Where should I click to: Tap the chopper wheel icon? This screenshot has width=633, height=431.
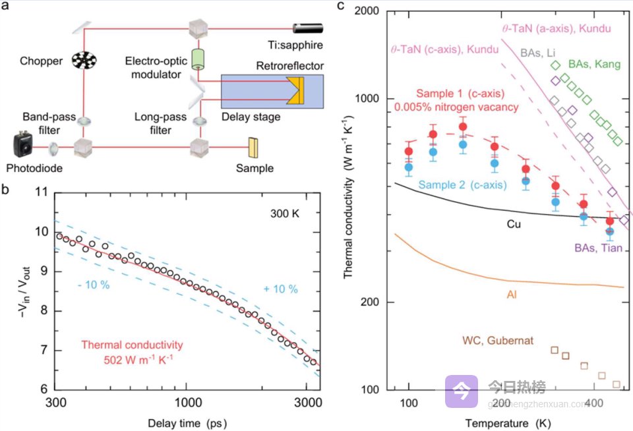(x=84, y=62)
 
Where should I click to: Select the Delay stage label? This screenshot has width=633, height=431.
(x=252, y=117)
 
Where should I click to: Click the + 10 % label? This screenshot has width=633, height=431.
(x=282, y=289)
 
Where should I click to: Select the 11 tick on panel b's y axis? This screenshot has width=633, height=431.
(x=41, y=193)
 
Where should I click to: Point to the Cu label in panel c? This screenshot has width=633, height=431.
(x=514, y=225)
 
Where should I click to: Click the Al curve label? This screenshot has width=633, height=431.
(x=511, y=293)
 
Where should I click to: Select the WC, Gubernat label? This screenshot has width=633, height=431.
(x=499, y=340)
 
